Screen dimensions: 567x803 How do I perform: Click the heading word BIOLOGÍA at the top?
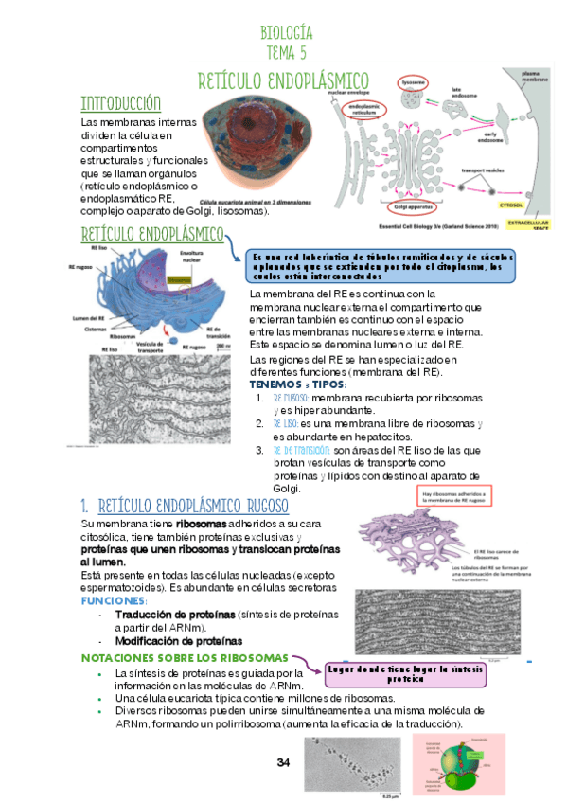[285, 34]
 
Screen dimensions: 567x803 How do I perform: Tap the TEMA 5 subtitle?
[285, 53]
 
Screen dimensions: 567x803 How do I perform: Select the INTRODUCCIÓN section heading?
[120, 103]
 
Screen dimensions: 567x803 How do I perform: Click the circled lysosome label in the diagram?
[414, 82]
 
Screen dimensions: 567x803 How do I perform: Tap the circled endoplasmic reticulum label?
[368, 111]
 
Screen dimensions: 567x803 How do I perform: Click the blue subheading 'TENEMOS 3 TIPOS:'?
[297, 385]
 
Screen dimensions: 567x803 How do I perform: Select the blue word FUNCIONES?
[114, 601]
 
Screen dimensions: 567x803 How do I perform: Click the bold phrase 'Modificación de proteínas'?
[178, 640]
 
